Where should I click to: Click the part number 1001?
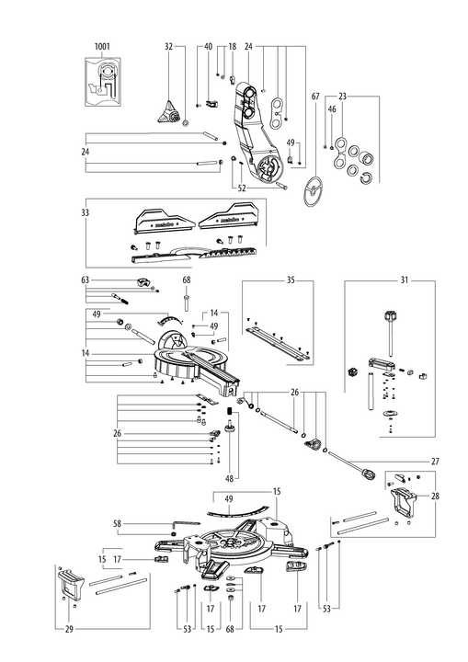tap(102, 46)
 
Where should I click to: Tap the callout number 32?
tap(168, 46)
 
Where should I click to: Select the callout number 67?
tap(315, 97)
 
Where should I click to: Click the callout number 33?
tap(86, 212)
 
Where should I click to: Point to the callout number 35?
tap(291, 280)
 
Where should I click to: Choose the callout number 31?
tap(405, 280)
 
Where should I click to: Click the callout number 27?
tap(435, 462)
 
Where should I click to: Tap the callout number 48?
tap(229, 479)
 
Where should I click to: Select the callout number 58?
tap(117, 524)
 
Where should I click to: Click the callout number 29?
tap(69, 630)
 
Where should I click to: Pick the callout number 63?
tap(86, 280)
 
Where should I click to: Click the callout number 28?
tap(435, 496)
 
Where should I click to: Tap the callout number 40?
tap(208, 46)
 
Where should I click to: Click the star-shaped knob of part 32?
tap(167, 112)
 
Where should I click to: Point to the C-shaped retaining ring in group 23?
tap(365, 178)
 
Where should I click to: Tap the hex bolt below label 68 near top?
tap(187, 302)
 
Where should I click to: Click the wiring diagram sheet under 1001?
tap(103, 82)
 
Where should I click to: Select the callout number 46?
tap(332, 109)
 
